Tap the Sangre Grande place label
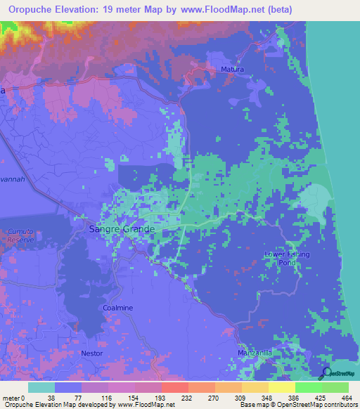[121, 229]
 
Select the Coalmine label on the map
[117, 308]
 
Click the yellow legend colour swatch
[281, 387]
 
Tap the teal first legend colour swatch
[41, 387]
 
